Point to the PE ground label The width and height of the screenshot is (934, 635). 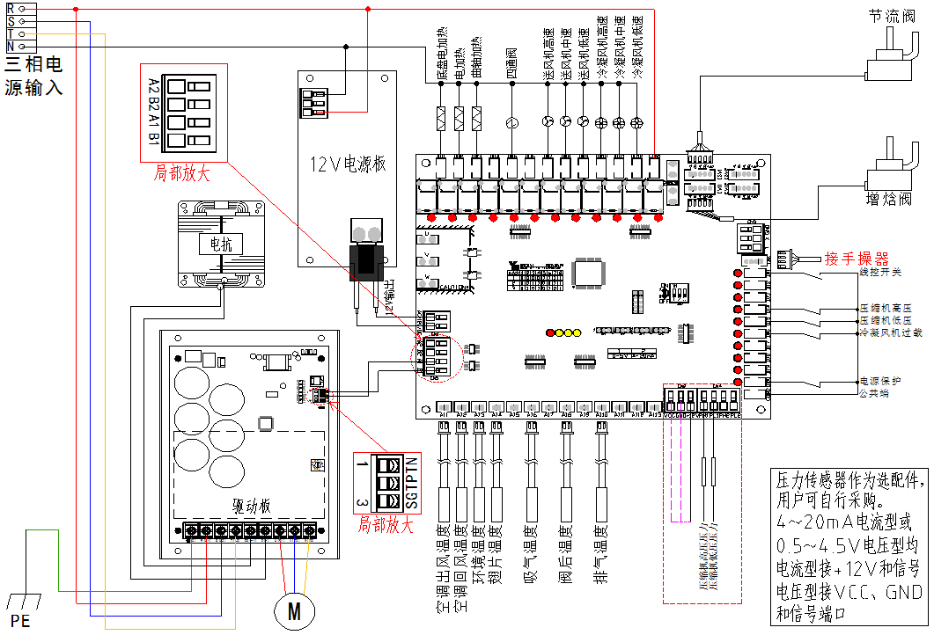(x=19, y=622)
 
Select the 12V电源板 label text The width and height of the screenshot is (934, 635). (x=349, y=164)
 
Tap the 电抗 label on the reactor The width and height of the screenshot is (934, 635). (x=221, y=245)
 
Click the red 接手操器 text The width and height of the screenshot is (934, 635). (x=857, y=259)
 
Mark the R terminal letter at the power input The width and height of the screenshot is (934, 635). (x=10, y=8)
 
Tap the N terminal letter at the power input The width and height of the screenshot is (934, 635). (x=10, y=46)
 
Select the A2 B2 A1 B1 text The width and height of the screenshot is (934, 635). (x=153, y=112)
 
